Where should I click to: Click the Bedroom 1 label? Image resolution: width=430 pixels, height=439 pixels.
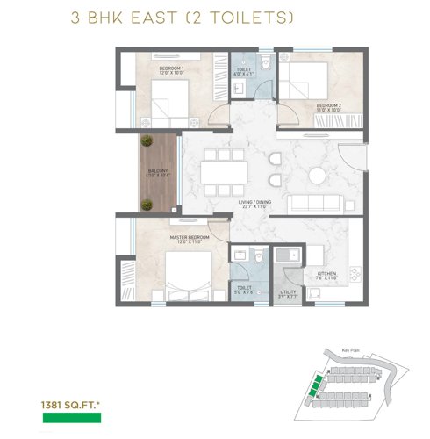[170, 71]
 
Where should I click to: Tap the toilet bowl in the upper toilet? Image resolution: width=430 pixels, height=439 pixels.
[251, 84]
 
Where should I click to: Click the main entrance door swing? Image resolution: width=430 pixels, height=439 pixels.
[351, 158]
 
